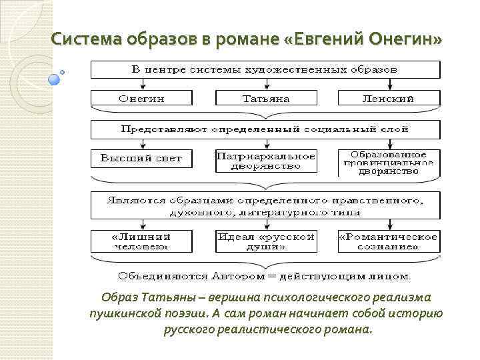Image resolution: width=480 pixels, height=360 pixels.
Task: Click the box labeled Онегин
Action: pos(141,98)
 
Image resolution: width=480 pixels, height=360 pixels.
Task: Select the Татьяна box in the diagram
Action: pos(265,98)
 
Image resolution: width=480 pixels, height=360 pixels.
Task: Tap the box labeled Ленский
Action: pos(389,98)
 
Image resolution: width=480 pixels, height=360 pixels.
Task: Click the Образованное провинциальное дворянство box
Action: pos(389,163)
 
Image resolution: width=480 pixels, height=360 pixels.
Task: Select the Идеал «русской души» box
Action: pos(265,241)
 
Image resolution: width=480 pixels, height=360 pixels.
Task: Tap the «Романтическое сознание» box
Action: pos(389,241)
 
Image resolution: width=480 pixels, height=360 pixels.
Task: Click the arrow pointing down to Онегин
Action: pos(141,84)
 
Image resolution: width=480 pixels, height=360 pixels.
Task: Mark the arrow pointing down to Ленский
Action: pos(389,84)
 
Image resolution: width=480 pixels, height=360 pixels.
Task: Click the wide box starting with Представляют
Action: pos(265,128)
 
